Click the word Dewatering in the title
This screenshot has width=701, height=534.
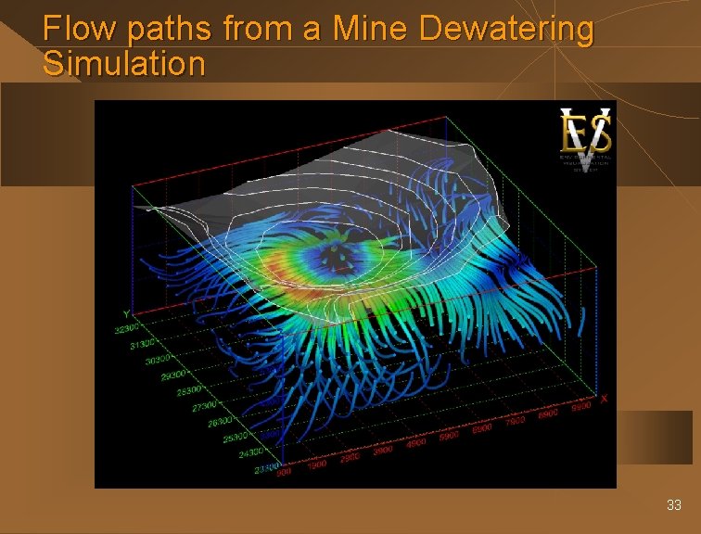pyautogui.click(x=506, y=30)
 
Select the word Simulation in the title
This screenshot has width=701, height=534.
pyautogui.click(x=123, y=64)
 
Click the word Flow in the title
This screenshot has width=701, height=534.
pyautogui.click(x=80, y=30)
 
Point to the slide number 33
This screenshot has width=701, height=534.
pyautogui.click(x=674, y=505)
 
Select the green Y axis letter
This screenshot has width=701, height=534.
pyautogui.click(x=126, y=313)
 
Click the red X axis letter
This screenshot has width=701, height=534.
pyautogui.click(x=604, y=399)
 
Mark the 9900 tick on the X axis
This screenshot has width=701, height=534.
pyautogui.click(x=581, y=408)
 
